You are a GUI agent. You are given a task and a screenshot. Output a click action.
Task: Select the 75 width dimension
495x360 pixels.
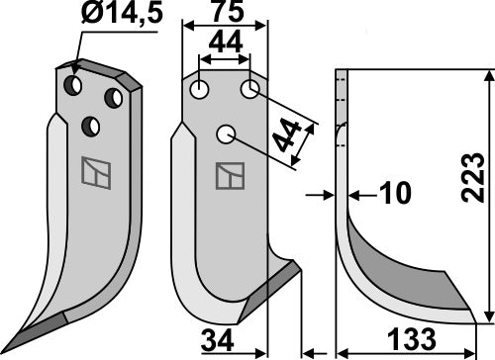[x=225, y=14]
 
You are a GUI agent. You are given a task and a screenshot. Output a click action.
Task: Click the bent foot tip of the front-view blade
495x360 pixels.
[x=297, y=265]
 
